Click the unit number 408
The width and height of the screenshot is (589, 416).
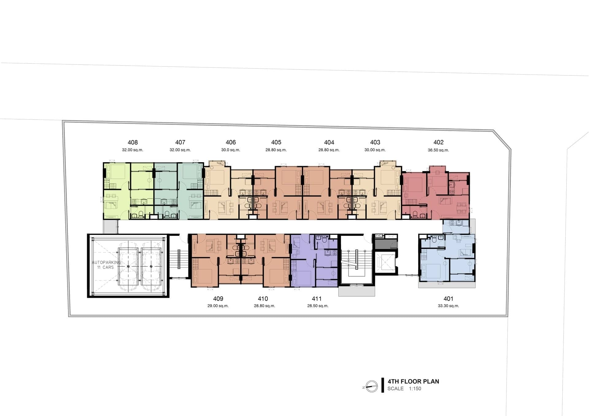tap(133, 142)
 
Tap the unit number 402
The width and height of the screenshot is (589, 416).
tap(438, 142)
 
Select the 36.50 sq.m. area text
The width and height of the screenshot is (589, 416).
tap(438, 150)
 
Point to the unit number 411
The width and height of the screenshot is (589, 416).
tap(317, 299)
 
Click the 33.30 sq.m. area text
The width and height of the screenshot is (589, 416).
tap(448, 306)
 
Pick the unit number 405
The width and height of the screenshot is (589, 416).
tap(276, 142)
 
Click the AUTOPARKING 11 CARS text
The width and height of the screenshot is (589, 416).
tap(106, 265)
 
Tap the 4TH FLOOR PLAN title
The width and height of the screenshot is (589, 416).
tap(413, 381)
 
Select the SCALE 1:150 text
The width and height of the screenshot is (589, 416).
tap(404, 388)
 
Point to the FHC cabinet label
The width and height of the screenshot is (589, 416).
tap(379, 236)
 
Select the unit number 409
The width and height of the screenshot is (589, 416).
tap(218, 299)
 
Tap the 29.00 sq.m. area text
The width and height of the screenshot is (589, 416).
tap(218, 306)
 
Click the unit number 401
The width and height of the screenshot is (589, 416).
tap(448, 299)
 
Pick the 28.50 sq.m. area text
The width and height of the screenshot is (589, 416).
tap(318, 306)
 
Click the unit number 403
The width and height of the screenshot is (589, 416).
tap(375, 142)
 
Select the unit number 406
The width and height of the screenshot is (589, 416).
tap(231, 142)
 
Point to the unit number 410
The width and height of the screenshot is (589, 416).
tap(263, 299)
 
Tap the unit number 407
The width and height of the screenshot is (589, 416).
tap(180, 142)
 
